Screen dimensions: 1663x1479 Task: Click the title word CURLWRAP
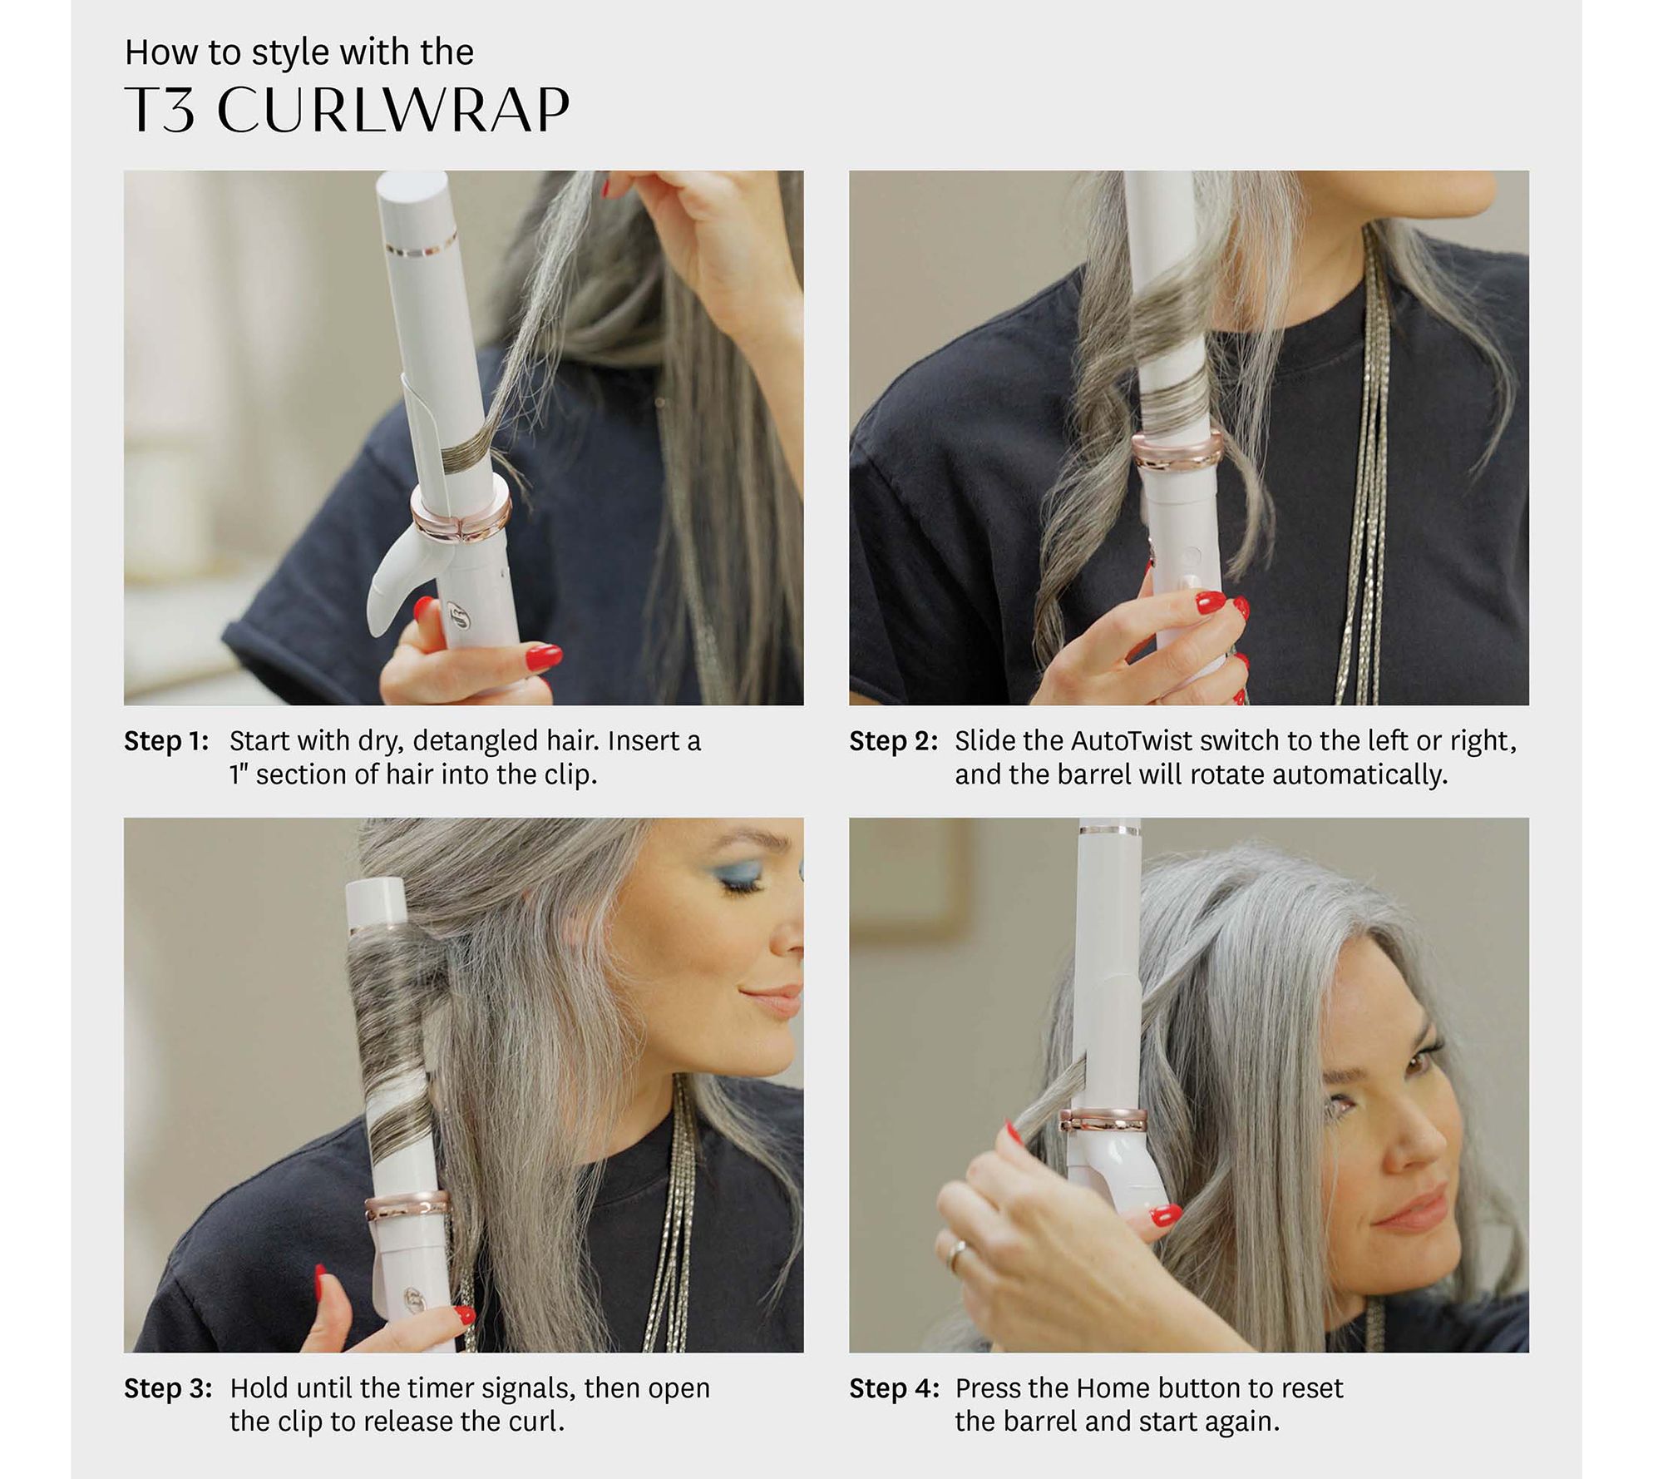393,110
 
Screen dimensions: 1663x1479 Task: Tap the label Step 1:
166,740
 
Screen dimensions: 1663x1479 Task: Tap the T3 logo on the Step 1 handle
456,614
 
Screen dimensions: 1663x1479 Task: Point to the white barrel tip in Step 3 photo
377,900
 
